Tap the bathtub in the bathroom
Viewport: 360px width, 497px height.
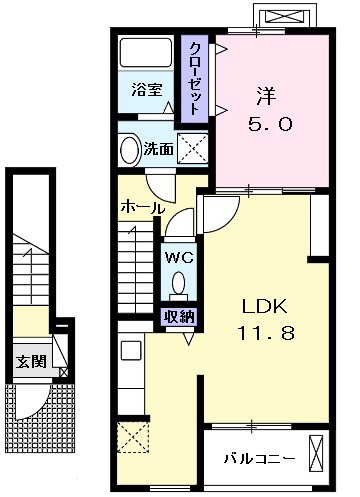[x=146, y=55]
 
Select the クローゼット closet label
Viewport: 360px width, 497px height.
[x=193, y=78]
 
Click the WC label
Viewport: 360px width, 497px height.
[x=179, y=257]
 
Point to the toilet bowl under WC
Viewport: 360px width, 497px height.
[x=179, y=285]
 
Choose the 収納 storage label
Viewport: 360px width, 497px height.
[x=179, y=318]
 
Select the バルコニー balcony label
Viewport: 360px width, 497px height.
[x=258, y=458]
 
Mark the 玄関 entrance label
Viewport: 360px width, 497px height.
[x=28, y=361]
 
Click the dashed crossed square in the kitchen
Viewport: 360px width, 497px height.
[x=131, y=438]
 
